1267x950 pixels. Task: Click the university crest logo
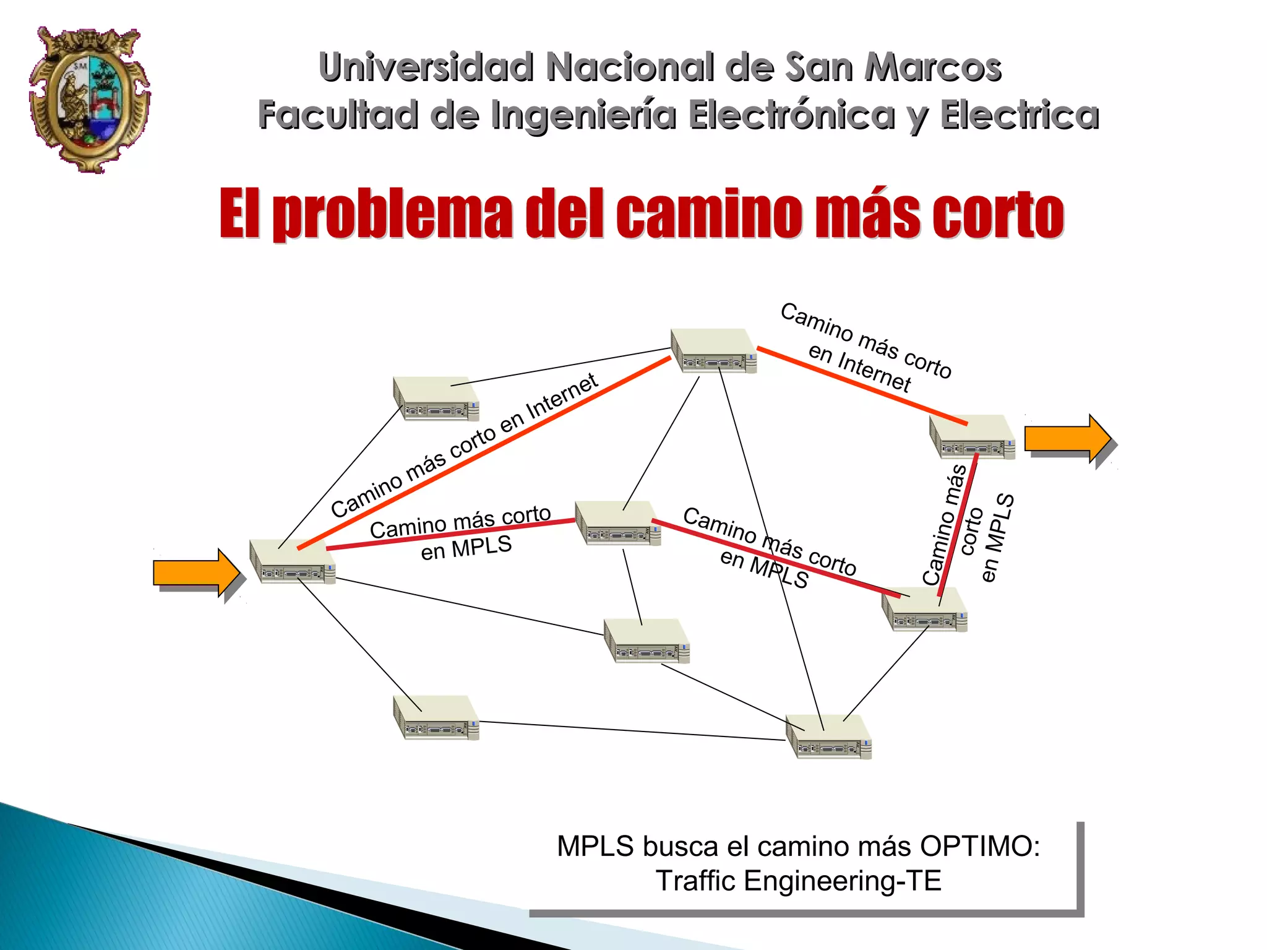pos(89,99)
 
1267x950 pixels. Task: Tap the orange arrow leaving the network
pos(1067,439)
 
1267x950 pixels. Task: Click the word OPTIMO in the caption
pos(979,847)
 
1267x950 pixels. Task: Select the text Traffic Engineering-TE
pos(798,881)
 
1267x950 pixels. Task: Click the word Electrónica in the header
pos(791,115)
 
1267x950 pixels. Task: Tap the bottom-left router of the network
pos(436,718)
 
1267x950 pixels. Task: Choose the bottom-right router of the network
pos(828,737)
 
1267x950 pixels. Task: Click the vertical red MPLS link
pos(958,526)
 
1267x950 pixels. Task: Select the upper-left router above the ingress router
pos(436,399)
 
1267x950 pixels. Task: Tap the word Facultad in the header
pos(337,115)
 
